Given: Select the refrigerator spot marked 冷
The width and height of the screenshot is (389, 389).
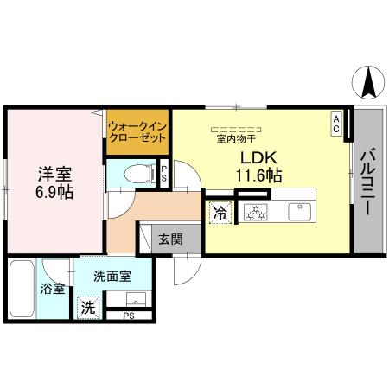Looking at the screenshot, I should tap(219, 210).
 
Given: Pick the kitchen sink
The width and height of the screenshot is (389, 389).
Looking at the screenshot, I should tap(300, 209).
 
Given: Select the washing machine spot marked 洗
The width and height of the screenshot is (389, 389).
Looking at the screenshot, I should tap(86, 305).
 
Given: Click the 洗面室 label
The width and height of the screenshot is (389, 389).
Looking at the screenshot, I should tap(112, 277).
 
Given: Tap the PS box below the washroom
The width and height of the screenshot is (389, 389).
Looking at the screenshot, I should tap(128, 316).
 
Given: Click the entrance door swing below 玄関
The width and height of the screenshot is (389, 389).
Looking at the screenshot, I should tap(184, 270).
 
